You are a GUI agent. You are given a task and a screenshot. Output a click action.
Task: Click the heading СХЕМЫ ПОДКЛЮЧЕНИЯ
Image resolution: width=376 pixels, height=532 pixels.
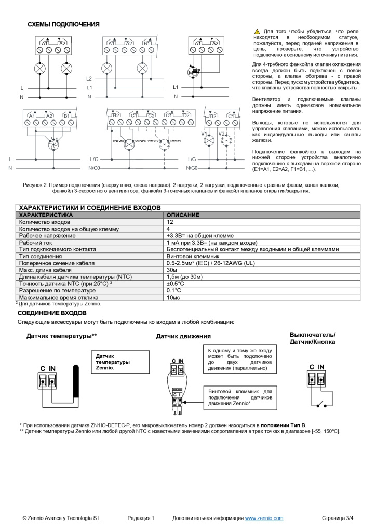[63, 24]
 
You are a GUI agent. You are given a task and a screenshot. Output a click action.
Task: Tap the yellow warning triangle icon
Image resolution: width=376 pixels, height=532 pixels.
[257, 32]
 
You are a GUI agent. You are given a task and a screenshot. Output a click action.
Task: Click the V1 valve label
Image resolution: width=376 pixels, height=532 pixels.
[204, 134]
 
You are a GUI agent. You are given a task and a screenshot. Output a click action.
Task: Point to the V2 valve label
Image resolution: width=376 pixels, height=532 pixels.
[221, 134]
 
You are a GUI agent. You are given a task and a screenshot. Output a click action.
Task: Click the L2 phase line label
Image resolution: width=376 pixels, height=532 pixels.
[89, 78]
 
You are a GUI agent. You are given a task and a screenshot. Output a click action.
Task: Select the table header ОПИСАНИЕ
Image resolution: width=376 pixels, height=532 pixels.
[183, 215]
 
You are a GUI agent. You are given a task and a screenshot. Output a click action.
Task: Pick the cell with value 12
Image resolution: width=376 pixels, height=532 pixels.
[170, 222]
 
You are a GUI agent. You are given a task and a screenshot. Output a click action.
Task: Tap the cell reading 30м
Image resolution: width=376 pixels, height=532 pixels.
[172, 270]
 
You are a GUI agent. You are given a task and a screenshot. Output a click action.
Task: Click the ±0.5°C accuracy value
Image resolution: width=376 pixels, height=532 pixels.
[176, 284]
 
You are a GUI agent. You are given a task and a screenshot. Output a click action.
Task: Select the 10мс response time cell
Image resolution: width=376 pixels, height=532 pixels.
[173, 298]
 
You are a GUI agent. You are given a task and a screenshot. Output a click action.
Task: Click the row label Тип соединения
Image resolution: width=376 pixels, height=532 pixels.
[41, 256]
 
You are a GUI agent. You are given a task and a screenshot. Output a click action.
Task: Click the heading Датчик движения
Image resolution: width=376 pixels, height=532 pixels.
[183, 337]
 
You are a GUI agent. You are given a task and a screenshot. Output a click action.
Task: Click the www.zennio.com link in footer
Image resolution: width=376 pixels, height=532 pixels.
[264, 518]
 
